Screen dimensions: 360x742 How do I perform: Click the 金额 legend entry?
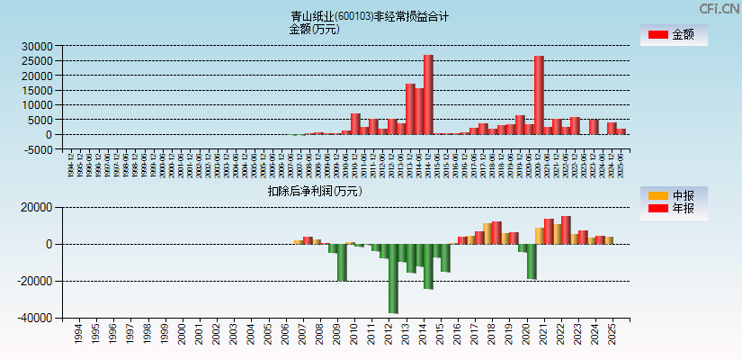tap(674, 35)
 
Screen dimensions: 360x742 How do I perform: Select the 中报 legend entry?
tap(674, 195)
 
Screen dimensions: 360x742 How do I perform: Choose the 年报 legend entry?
tap(674, 209)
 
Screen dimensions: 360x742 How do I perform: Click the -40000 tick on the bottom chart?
tap(36, 319)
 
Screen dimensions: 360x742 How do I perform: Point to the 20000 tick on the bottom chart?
tap(38, 207)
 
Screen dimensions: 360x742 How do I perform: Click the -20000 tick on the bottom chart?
tap(36, 282)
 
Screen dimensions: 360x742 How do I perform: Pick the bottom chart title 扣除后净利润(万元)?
tap(315, 191)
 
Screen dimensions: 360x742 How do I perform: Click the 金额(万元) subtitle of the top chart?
tap(314, 29)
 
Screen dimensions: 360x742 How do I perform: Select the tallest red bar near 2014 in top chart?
tap(428, 94)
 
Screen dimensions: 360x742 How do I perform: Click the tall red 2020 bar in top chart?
tap(539, 94)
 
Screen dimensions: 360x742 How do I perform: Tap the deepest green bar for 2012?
tap(393, 278)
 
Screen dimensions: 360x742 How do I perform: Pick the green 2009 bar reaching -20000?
tap(342, 262)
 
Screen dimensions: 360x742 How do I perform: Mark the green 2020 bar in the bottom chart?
tap(532, 261)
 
